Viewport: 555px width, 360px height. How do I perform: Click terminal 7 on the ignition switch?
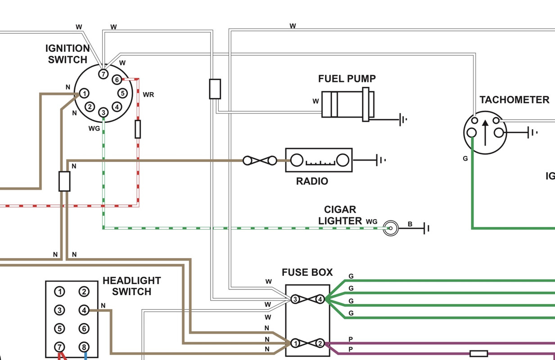click(x=104, y=73)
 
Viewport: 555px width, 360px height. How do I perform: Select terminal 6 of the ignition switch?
click(x=117, y=80)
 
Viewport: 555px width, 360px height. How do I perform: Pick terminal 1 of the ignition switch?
click(x=84, y=94)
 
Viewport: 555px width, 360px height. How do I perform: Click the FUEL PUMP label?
click(x=347, y=79)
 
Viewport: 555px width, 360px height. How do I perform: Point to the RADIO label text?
click(x=312, y=181)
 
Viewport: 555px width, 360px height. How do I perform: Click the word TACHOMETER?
click(x=514, y=100)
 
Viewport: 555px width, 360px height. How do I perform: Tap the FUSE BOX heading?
click(x=307, y=272)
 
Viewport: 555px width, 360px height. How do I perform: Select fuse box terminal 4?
click(x=320, y=299)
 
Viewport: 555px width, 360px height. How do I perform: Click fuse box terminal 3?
click(x=295, y=299)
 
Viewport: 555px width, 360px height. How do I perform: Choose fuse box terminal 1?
click(x=295, y=344)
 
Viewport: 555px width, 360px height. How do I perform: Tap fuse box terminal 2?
click(x=320, y=344)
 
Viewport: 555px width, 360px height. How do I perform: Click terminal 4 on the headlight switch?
click(x=84, y=310)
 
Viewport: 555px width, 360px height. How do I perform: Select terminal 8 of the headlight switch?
click(x=84, y=347)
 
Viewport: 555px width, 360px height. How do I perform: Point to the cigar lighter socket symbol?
click(x=391, y=228)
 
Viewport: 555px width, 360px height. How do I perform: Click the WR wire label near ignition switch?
click(x=148, y=94)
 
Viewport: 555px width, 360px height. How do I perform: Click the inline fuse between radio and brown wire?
click(x=260, y=160)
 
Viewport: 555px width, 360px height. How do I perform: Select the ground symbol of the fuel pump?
click(x=403, y=120)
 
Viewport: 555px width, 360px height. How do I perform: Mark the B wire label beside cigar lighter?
click(x=410, y=224)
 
